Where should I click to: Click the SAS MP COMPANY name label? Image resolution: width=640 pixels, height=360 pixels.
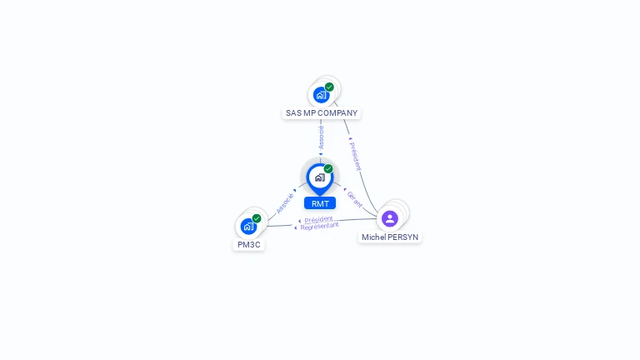[x=321, y=113]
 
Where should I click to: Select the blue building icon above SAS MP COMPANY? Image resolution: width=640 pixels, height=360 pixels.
[x=321, y=95]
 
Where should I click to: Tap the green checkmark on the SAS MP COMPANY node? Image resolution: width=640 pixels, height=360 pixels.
[x=329, y=87]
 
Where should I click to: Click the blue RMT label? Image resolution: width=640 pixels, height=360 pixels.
[x=320, y=203]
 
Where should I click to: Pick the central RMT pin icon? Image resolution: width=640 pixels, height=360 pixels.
[x=319, y=177]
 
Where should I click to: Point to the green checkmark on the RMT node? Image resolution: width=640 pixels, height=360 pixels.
[x=328, y=168]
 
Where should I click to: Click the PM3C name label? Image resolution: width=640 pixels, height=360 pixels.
[x=248, y=245]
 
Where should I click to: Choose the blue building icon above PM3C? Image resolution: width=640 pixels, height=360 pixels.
[x=248, y=226]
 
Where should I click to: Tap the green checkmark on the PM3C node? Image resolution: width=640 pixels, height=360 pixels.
[x=257, y=218]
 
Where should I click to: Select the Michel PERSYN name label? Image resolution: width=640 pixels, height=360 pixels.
[x=390, y=237]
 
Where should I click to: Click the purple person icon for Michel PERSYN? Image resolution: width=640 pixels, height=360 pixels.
[x=390, y=218]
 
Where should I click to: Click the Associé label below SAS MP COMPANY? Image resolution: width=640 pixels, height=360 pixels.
[x=321, y=137]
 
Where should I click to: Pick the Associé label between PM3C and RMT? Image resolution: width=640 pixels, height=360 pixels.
[x=285, y=203]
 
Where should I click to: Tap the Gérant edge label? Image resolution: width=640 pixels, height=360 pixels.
[x=355, y=198]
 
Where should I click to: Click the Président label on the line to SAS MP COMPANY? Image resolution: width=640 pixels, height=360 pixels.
[x=356, y=155]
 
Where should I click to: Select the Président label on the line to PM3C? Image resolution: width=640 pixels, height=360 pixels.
[x=318, y=220]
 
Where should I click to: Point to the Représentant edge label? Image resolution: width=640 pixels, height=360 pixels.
[x=319, y=227]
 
